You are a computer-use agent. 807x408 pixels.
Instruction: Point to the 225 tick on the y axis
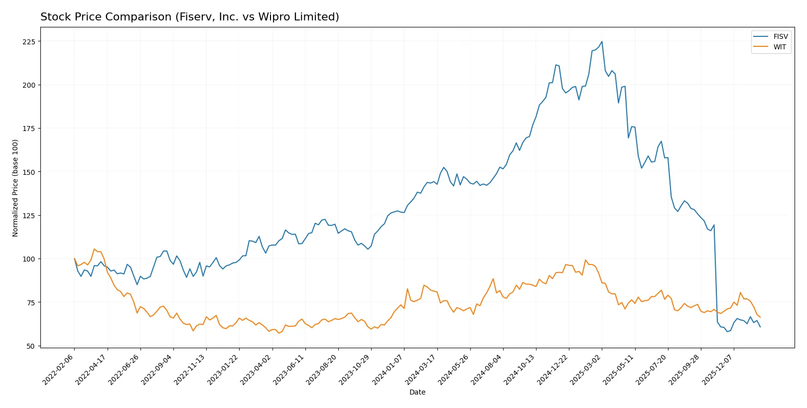[x=28, y=41]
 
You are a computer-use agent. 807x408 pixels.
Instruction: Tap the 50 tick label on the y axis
[x=30, y=346]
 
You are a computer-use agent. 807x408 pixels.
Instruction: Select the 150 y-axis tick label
[x=28, y=172]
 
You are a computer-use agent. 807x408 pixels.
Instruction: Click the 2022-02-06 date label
[x=59, y=369]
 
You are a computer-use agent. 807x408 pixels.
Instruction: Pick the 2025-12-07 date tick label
[x=718, y=369]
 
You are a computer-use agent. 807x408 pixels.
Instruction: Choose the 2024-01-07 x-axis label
[x=388, y=369]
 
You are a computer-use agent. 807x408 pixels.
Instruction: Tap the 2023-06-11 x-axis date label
[x=289, y=369]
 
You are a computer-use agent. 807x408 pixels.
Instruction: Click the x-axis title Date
[x=417, y=392]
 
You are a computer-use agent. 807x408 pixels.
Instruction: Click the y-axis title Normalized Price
[x=15, y=188]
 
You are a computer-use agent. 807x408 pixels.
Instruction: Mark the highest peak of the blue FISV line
[x=602, y=41]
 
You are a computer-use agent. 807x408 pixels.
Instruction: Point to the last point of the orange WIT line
[x=760, y=317]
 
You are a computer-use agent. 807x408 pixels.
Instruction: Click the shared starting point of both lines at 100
[x=74, y=259]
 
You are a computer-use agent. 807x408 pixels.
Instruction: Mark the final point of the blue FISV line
[x=760, y=327]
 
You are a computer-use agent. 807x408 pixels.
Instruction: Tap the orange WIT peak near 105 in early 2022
[x=94, y=249]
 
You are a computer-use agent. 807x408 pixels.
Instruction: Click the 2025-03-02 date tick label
[x=586, y=369]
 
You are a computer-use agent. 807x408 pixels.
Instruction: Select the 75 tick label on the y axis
[x=30, y=302]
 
